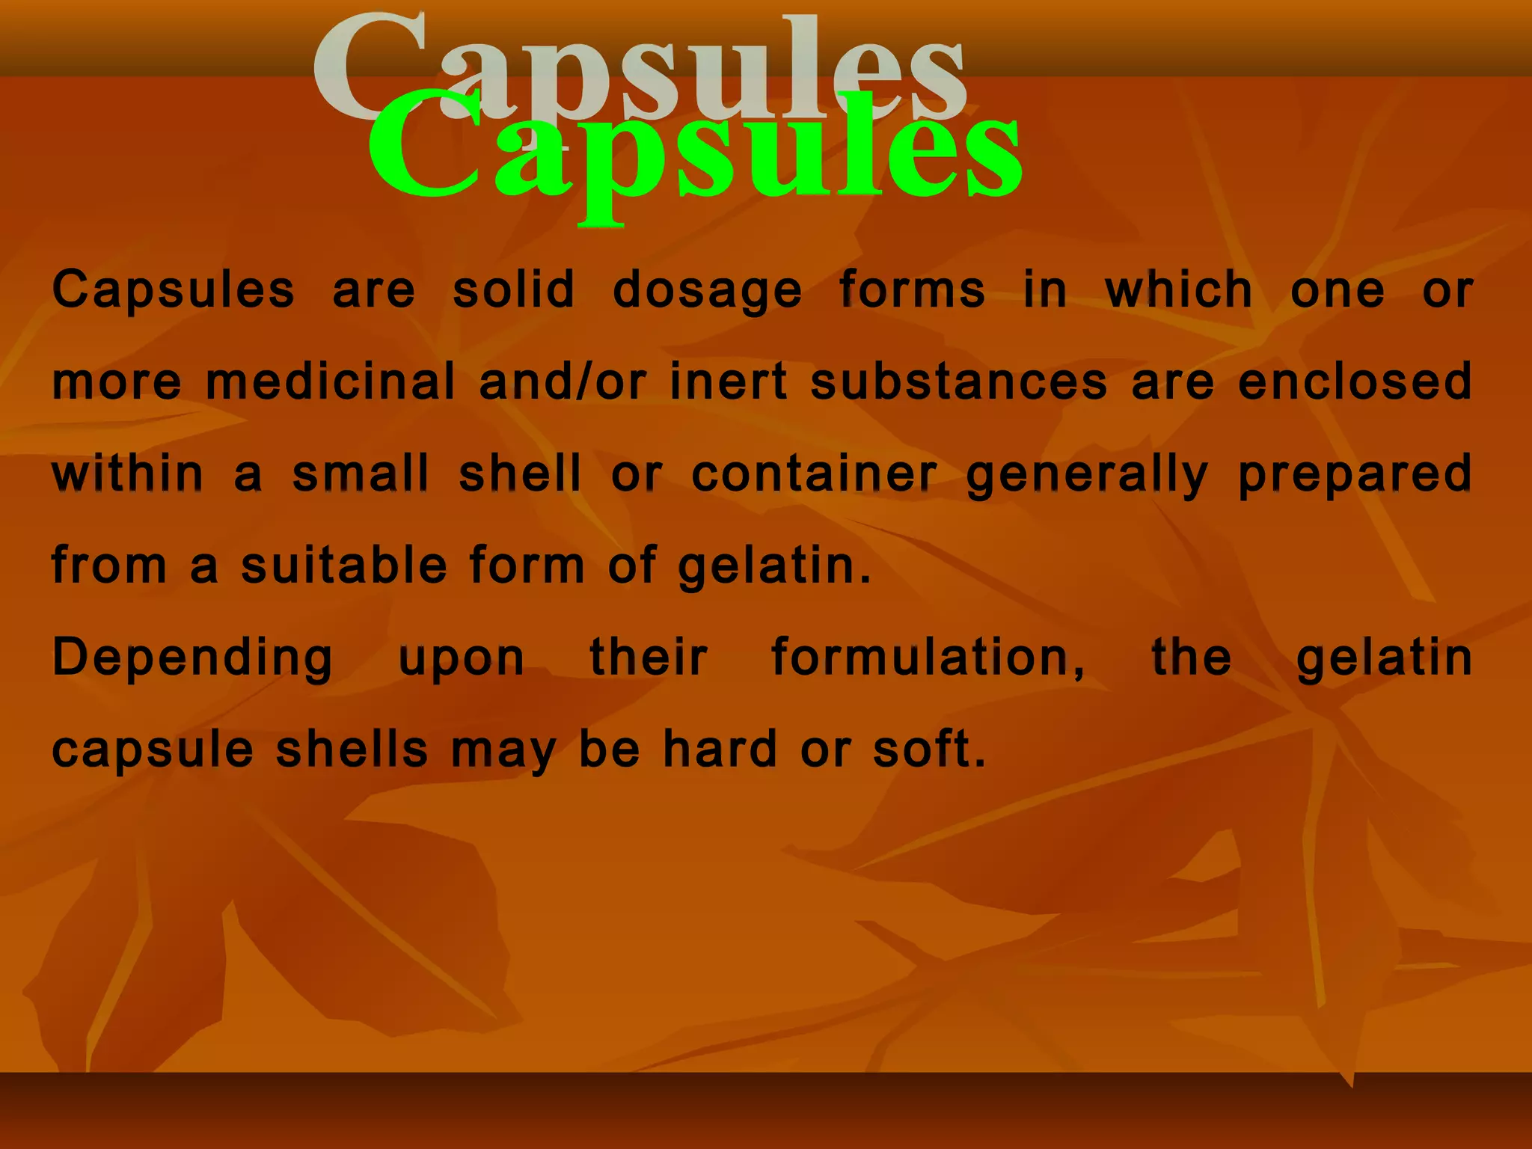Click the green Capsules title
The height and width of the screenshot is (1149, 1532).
694,153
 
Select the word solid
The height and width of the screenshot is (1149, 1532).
514,289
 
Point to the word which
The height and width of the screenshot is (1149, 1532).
1178,289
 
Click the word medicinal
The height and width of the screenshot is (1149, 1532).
330,382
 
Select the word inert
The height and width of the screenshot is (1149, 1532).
729,382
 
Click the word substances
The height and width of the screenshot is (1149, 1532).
959,382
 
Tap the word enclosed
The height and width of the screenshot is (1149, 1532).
1355,382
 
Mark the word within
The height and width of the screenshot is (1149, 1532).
127,474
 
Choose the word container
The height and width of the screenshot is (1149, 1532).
814,474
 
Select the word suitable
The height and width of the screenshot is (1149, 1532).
344,566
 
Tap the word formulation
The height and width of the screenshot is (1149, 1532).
928,658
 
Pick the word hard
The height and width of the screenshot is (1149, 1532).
720,750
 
